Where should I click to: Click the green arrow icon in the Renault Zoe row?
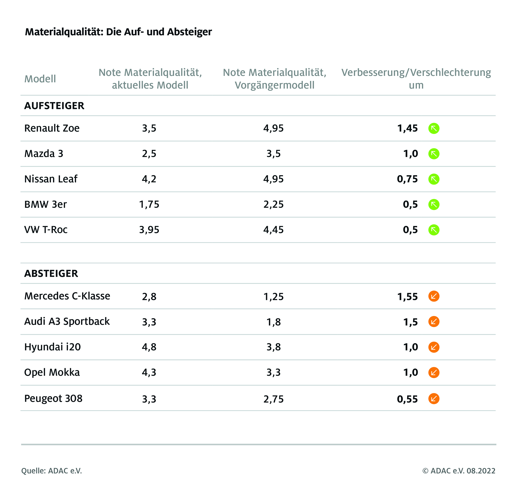434,128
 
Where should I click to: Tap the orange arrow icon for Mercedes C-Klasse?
434,296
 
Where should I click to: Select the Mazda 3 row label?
44,154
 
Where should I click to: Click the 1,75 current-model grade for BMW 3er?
149,204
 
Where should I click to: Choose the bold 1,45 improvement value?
407,128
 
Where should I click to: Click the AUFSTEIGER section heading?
54,106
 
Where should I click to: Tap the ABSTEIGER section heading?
51,274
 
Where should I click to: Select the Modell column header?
40,79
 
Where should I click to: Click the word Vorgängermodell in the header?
274,85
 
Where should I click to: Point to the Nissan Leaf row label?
51,179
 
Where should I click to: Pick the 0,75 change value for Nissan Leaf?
407,179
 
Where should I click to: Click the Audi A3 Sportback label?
67,322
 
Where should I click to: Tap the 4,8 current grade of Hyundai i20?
149,347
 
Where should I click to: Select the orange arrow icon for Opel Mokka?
434,373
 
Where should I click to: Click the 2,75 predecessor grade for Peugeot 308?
273,399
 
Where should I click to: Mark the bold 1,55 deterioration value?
407,297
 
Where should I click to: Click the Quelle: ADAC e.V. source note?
52,471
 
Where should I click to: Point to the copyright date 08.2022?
481,471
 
